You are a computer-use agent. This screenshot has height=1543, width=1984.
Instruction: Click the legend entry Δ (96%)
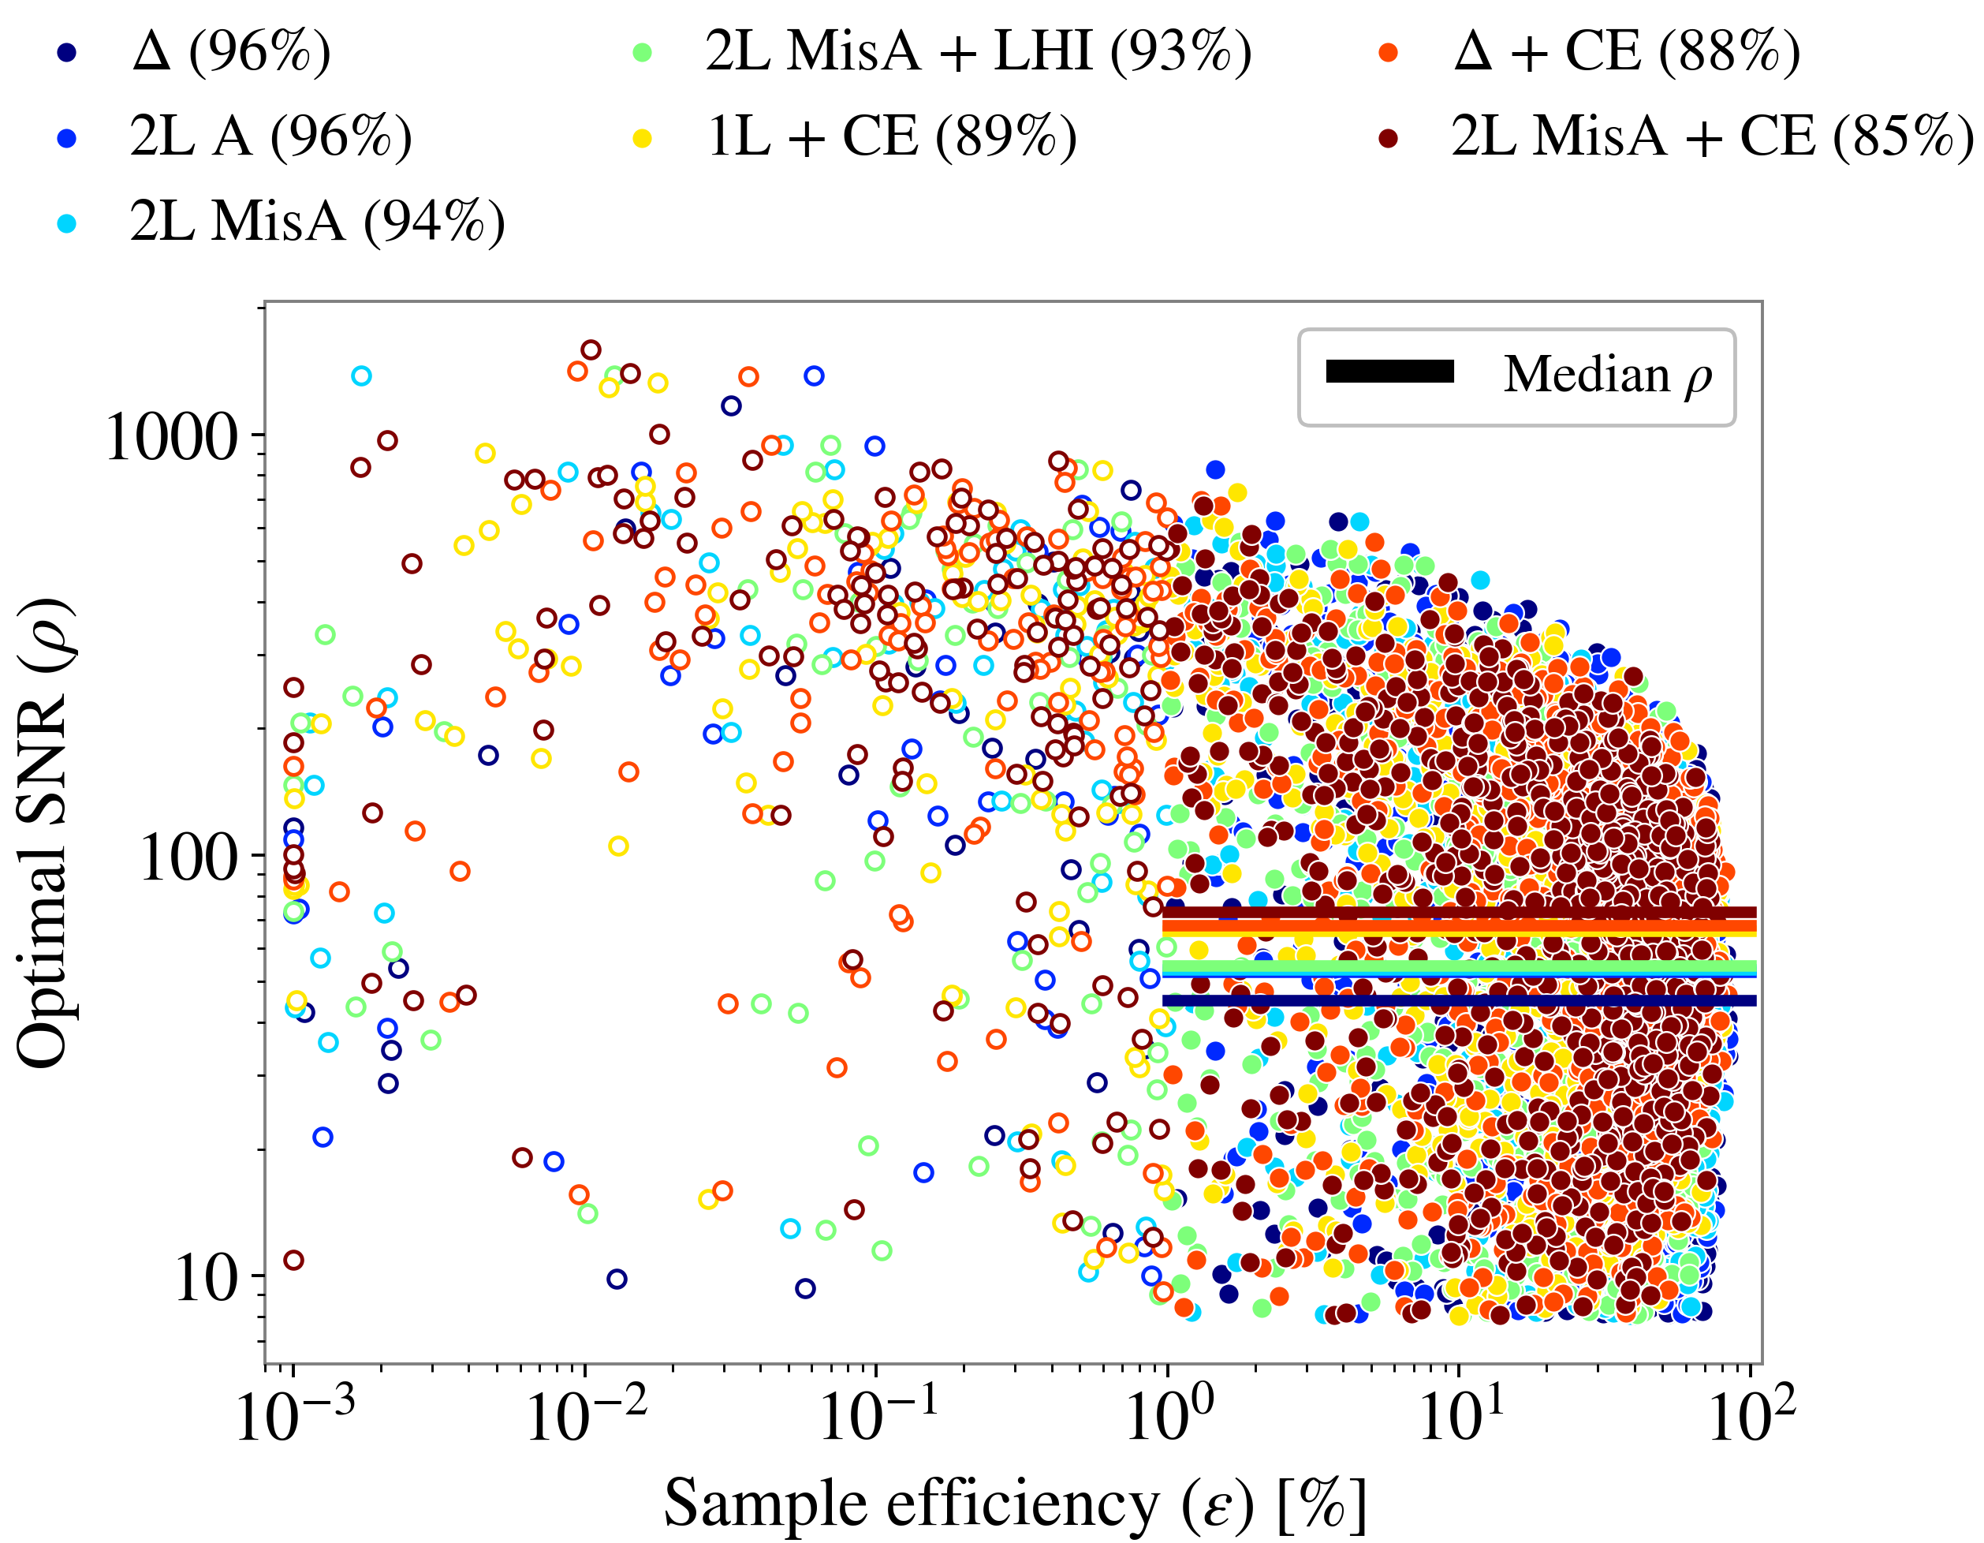(231, 52)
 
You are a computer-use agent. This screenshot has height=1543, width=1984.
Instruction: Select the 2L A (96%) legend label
(270, 137)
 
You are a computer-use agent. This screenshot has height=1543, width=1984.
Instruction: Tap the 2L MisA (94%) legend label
(316, 222)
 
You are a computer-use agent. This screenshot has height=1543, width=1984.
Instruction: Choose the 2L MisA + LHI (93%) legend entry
(978, 52)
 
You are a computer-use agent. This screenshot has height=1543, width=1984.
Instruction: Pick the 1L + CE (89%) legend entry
(891, 137)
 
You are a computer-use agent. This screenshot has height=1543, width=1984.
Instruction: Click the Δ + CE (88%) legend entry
(1626, 52)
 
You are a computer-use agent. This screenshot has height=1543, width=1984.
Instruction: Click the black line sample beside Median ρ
(1390, 372)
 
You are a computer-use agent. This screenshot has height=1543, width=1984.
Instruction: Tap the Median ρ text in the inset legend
(1607, 375)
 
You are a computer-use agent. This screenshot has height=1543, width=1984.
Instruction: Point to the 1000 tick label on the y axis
(171, 437)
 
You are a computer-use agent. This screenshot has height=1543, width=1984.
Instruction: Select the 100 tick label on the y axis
(188, 857)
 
